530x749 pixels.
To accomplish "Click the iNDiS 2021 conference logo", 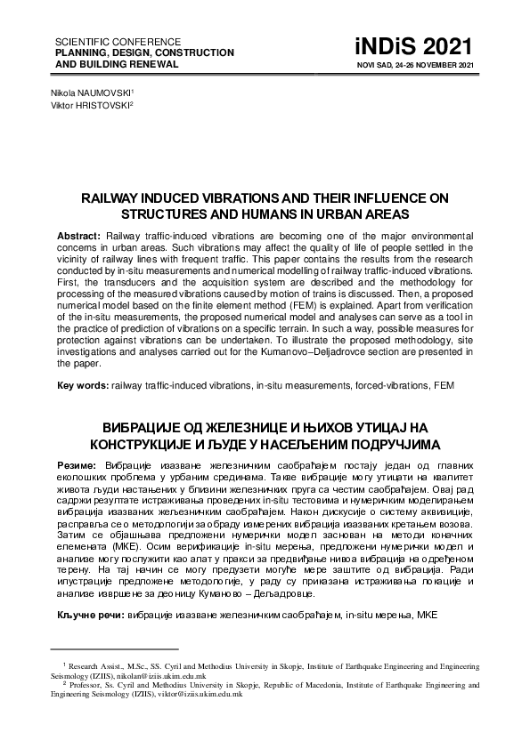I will pyautogui.click(x=426, y=48).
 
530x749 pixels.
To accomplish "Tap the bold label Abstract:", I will pyautogui.click(x=79, y=234).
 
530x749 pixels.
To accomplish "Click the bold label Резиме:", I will pyautogui.click(x=77, y=465).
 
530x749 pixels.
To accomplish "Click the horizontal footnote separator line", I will pyautogui.click(x=116, y=650).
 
